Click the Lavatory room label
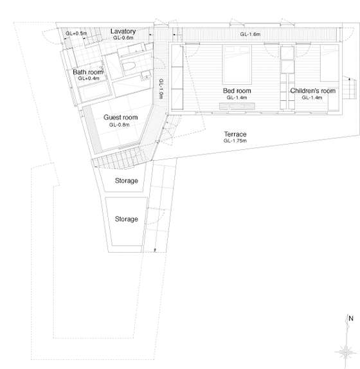pos(123,32)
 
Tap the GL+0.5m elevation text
pos(76,33)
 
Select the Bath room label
pos(88,72)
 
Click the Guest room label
pos(120,117)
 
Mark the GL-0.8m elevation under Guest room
pos(120,125)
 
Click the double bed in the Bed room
pos(237,64)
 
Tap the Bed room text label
pos(237,91)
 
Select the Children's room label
pos(312,91)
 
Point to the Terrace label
pos(235,134)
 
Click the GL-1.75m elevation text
pos(235,141)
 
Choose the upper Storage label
pos(127,181)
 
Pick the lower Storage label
pos(127,219)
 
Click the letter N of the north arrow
pos(351,318)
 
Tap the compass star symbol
pos(345,352)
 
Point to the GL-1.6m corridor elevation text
pos(250,34)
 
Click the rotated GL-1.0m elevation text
pos(161,89)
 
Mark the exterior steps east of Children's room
pos(350,88)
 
